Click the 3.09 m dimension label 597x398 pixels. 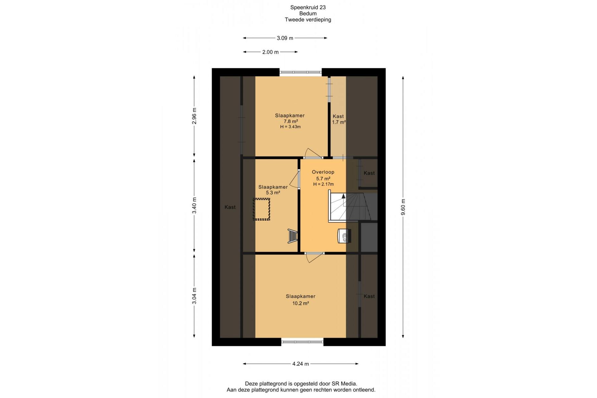tap(285, 38)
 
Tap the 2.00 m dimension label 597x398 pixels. tap(270, 52)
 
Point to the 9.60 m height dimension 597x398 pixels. tap(403, 207)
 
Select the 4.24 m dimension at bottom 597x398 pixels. tap(300, 364)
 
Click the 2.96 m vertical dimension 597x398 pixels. tap(194, 116)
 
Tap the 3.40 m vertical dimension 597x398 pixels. tap(194, 206)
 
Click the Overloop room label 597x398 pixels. tap(323, 172)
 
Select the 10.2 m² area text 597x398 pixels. tap(301, 303)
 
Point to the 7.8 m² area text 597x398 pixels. tap(290, 121)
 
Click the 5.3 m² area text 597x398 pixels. tap(273, 192)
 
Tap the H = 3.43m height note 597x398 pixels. tap(290, 127)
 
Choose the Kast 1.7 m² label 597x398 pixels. tap(339, 119)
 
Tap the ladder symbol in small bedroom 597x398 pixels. tap(293, 236)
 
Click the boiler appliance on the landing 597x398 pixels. tap(344, 236)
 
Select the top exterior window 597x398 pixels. tap(301, 72)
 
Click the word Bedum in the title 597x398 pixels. tap(308, 14)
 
